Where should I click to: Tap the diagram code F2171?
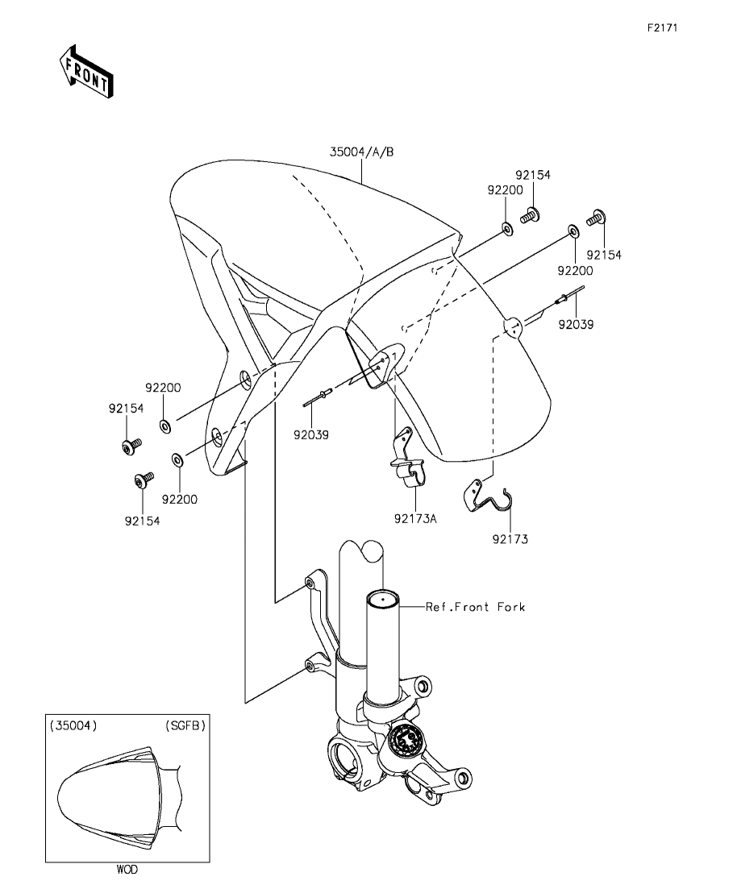(662, 27)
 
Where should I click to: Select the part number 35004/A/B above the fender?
(361, 152)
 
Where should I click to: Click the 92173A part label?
(415, 517)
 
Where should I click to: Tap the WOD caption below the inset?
(127, 870)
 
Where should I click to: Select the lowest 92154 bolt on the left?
(143, 481)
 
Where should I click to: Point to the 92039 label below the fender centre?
(310, 435)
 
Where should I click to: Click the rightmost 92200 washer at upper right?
(573, 232)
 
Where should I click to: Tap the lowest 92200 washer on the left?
(177, 460)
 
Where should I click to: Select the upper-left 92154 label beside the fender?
(126, 409)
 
